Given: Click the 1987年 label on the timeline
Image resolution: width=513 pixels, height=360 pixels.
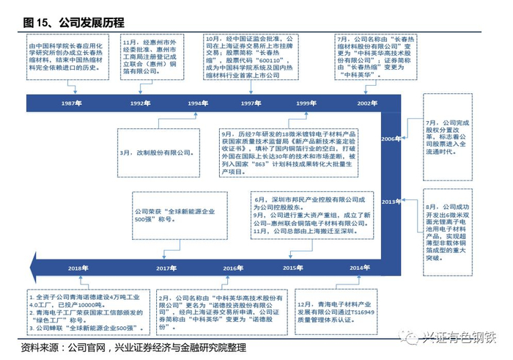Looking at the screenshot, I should [72, 104].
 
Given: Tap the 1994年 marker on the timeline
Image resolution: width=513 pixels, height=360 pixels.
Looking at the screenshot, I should [196, 104].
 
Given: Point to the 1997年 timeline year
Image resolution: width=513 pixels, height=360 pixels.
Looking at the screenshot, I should [251, 104].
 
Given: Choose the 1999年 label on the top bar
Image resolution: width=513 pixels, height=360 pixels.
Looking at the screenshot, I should [306, 104].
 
